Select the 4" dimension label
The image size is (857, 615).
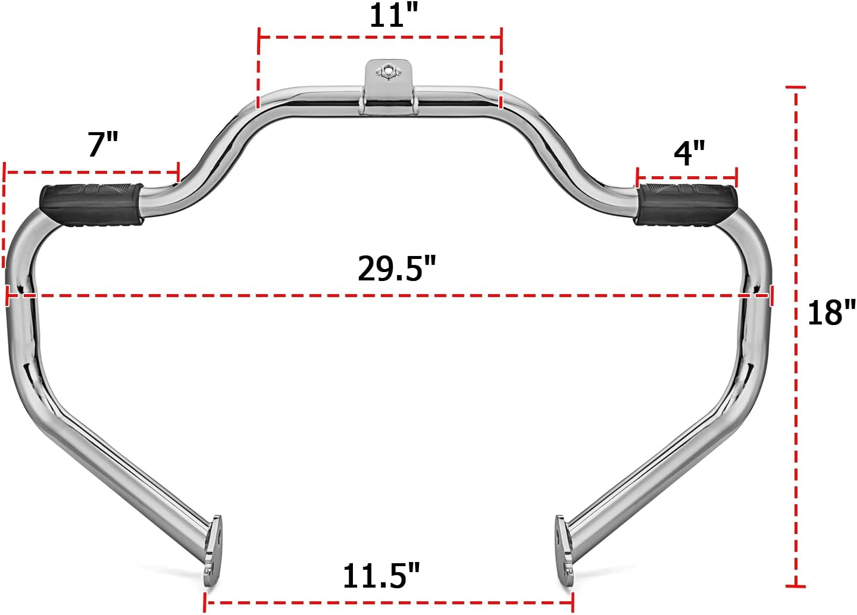689,153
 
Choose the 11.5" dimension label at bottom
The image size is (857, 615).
381,576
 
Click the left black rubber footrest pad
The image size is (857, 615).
91,204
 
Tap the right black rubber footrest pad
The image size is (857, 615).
686,204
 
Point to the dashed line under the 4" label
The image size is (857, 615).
687,177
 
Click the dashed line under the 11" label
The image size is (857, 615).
380,37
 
